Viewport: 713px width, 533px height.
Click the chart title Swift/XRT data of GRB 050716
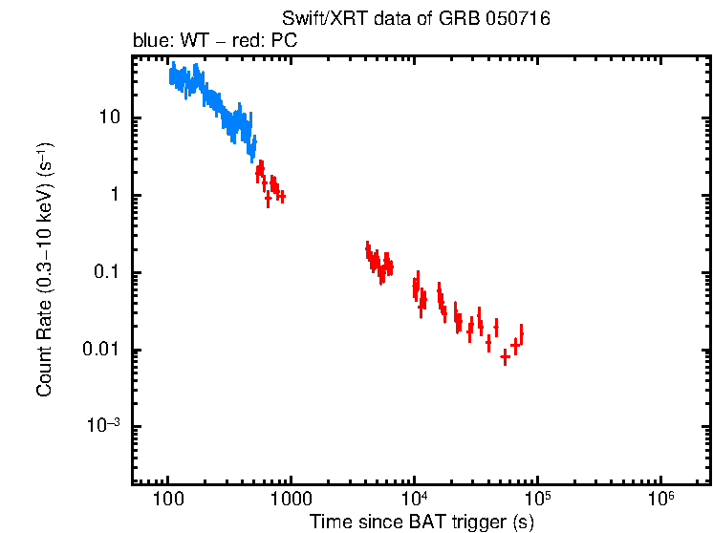coord(416,19)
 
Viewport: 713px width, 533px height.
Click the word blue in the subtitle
coord(149,42)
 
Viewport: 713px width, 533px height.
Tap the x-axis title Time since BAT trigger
coord(421,522)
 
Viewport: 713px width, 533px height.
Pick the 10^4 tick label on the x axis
coord(414,499)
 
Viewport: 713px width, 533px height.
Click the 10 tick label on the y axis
coord(107,118)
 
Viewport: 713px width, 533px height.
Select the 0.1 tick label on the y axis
coord(104,273)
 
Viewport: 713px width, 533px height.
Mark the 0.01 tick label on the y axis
coord(100,351)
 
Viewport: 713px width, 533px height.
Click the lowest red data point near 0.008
coord(505,356)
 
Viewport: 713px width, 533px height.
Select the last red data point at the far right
coord(521,333)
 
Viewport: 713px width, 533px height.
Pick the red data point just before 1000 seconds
coord(281,196)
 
